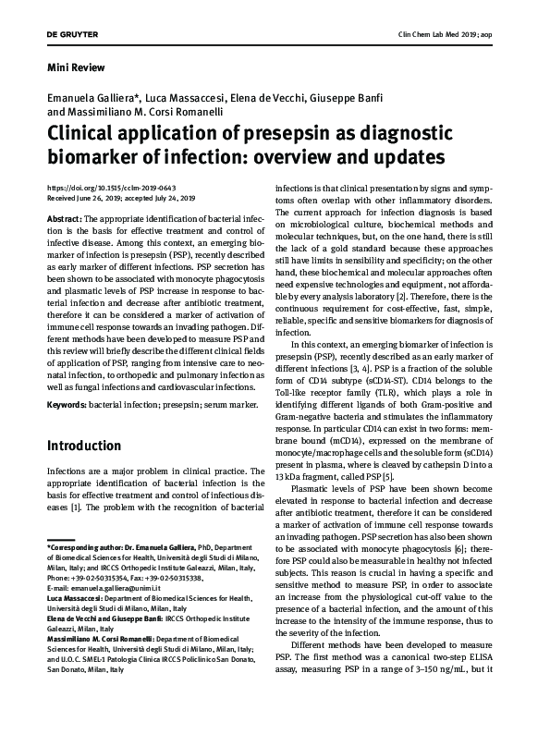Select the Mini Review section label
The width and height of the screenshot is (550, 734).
click(75, 67)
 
